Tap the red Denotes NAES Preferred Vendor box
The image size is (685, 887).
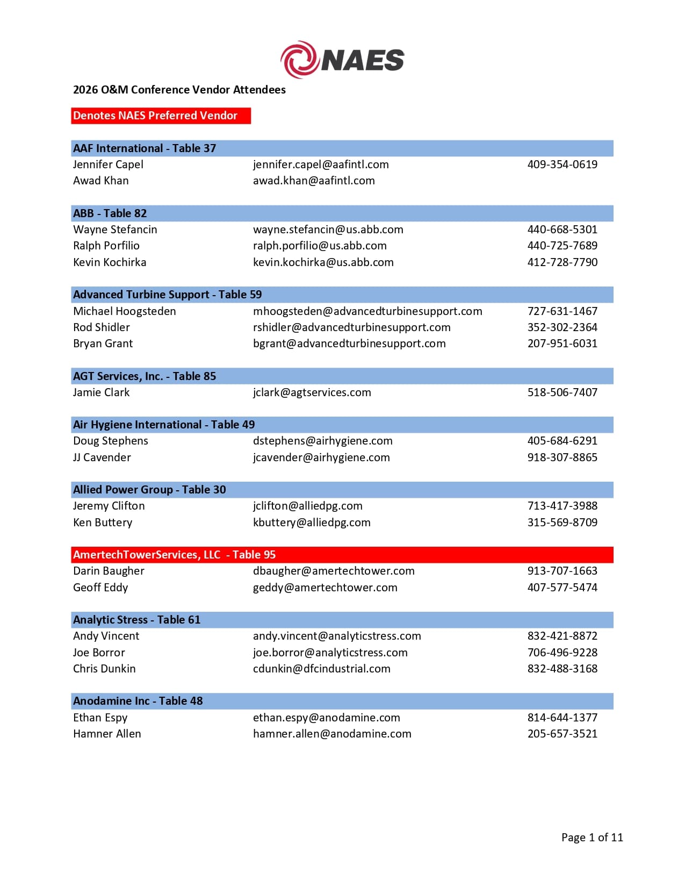pos(161,116)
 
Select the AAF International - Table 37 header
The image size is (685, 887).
pos(145,148)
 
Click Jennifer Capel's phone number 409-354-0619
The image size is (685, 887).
pos(562,164)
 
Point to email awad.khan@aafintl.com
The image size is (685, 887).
pos(314,181)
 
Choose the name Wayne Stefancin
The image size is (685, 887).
pos(115,230)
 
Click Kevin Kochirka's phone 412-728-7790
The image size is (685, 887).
pos(562,262)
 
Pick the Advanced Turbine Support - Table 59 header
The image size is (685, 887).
pos(167,295)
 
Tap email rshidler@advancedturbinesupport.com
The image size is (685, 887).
pos(351,327)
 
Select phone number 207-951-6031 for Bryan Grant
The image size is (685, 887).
pos(562,344)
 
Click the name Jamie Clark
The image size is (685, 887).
pos(101,392)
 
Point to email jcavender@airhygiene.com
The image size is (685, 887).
pos(321,457)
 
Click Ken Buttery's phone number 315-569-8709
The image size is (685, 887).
pos(562,523)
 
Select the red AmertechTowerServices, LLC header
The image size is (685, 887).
pos(174,555)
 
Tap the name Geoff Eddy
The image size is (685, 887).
pos(100,588)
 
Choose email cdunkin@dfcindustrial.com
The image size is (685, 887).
pos(321,669)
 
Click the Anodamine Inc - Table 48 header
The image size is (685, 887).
pos(138,701)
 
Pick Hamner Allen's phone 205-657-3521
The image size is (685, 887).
pos(562,734)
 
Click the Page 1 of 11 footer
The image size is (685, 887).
pos(592,838)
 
